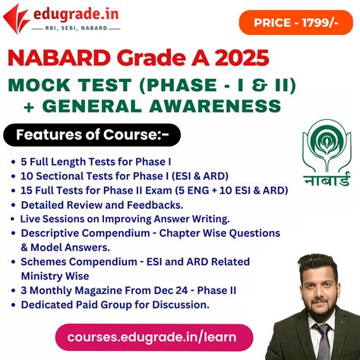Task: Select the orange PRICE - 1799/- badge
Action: point(295,22)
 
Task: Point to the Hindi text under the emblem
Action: point(326,181)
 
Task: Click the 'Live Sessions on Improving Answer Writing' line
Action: point(125,219)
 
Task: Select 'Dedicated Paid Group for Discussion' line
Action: point(114,304)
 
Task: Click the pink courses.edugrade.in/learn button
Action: point(152,336)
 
